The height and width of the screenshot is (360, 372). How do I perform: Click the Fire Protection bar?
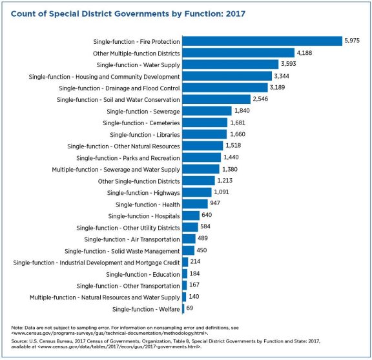coord(262,41)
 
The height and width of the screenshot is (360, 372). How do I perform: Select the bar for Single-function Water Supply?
coord(231,65)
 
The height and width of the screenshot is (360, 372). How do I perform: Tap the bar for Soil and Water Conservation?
coord(216,99)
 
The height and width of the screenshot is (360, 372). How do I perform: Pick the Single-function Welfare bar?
coord(183,309)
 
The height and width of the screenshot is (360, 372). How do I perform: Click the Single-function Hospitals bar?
coord(191,215)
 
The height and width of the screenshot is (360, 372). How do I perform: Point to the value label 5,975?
coord(352,41)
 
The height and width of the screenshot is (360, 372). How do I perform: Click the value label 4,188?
coord(304,53)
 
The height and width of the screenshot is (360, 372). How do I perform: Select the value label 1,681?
coord(238,123)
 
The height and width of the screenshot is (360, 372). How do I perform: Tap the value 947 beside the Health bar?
coord(215,203)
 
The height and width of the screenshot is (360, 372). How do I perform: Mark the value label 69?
coord(190,308)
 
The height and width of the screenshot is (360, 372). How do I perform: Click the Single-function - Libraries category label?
coord(145,135)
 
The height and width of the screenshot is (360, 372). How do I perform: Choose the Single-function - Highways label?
coord(143,193)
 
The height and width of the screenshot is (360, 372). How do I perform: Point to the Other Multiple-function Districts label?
coord(136,54)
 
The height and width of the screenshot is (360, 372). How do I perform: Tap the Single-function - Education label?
coord(143,274)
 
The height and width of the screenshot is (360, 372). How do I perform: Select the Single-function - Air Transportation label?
coord(132,239)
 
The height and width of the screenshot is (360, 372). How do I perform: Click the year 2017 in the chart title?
coord(235,14)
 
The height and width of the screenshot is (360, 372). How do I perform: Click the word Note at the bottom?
coord(17,328)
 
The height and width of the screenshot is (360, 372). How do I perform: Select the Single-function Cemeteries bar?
coord(205,123)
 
